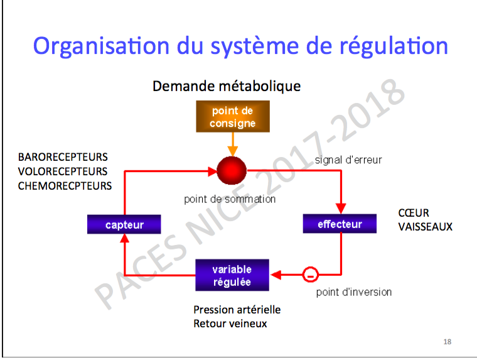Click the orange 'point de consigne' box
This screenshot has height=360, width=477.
coord(233,116)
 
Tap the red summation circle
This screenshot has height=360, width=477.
coord(232,170)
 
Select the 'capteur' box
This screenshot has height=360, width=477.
coord(124,224)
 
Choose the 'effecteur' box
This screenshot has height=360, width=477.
coord(340,224)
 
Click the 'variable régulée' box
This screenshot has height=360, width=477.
coord(232,275)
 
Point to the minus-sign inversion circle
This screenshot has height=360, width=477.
coord(310,275)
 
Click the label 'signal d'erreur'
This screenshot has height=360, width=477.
coord(348,160)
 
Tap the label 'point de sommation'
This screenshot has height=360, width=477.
coord(230,199)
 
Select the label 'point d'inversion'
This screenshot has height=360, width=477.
coord(354,292)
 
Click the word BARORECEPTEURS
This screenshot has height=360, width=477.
coord(63,157)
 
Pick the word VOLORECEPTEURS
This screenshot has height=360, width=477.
coord(63,172)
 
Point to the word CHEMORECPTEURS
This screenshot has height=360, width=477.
coord(65,186)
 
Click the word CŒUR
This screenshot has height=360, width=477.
coord(414,213)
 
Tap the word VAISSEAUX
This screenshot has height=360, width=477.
coord(426,227)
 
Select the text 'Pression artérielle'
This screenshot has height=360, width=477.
coord(237,310)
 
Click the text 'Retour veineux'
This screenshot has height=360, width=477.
coord(230,324)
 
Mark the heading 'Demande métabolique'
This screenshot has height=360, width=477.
coord(227,86)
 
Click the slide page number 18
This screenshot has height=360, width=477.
coord(447,342)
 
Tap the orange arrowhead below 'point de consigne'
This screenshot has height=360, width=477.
coord(233,151)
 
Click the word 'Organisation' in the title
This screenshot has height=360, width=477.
coord(101,46)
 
